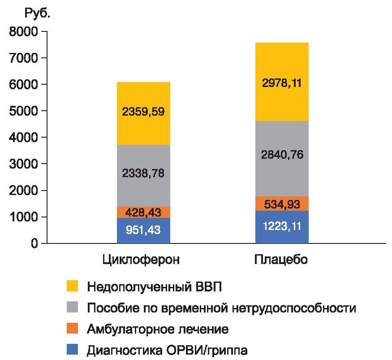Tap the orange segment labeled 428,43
coord(143,213)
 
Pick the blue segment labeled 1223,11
coord(282,227)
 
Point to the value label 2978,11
coord(282,83)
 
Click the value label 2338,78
coord(143,173)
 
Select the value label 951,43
coord(143,230)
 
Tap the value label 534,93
coord(282,204)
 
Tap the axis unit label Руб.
coord(37,13)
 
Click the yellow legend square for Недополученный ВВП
coord(72,286)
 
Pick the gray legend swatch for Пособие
coord(72,308)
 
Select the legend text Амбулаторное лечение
coord(158,330)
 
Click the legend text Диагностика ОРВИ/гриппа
coord(167,350)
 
